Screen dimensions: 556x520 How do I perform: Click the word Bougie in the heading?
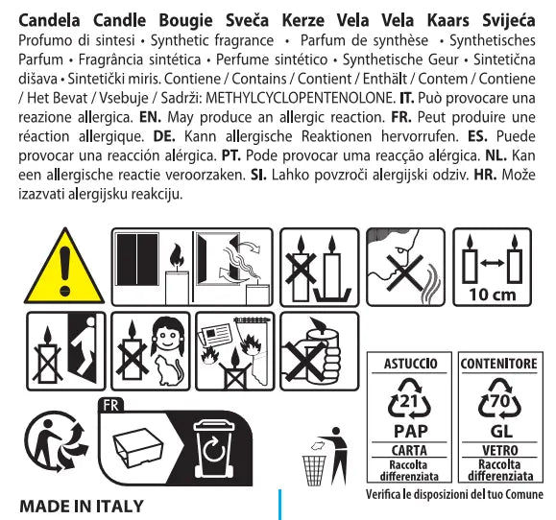pos(185,21)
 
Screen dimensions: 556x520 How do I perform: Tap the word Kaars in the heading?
pos(447,20)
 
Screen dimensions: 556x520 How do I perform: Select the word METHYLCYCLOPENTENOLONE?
pos(301,98)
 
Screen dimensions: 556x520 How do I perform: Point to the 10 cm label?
pos(493,295)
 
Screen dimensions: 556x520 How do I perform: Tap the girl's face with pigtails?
pos(167,334)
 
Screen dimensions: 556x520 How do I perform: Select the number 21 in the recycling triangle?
pos(409,401)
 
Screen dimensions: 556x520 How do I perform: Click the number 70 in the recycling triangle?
pos(499,401)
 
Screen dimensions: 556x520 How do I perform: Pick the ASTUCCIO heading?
pos(410,364)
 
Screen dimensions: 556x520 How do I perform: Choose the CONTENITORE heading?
pos(499,364)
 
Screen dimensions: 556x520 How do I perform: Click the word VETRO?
pos(500,450)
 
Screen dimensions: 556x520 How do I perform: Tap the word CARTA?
pos(409,450)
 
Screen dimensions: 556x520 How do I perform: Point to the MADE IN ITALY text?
pos(82,507)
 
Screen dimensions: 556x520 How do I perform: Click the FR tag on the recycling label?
pos(111,405)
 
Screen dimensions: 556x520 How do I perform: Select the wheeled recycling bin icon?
pos(214,449)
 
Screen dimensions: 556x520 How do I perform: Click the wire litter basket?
pos(314,470)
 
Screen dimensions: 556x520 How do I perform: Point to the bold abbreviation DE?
pos(164,136)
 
